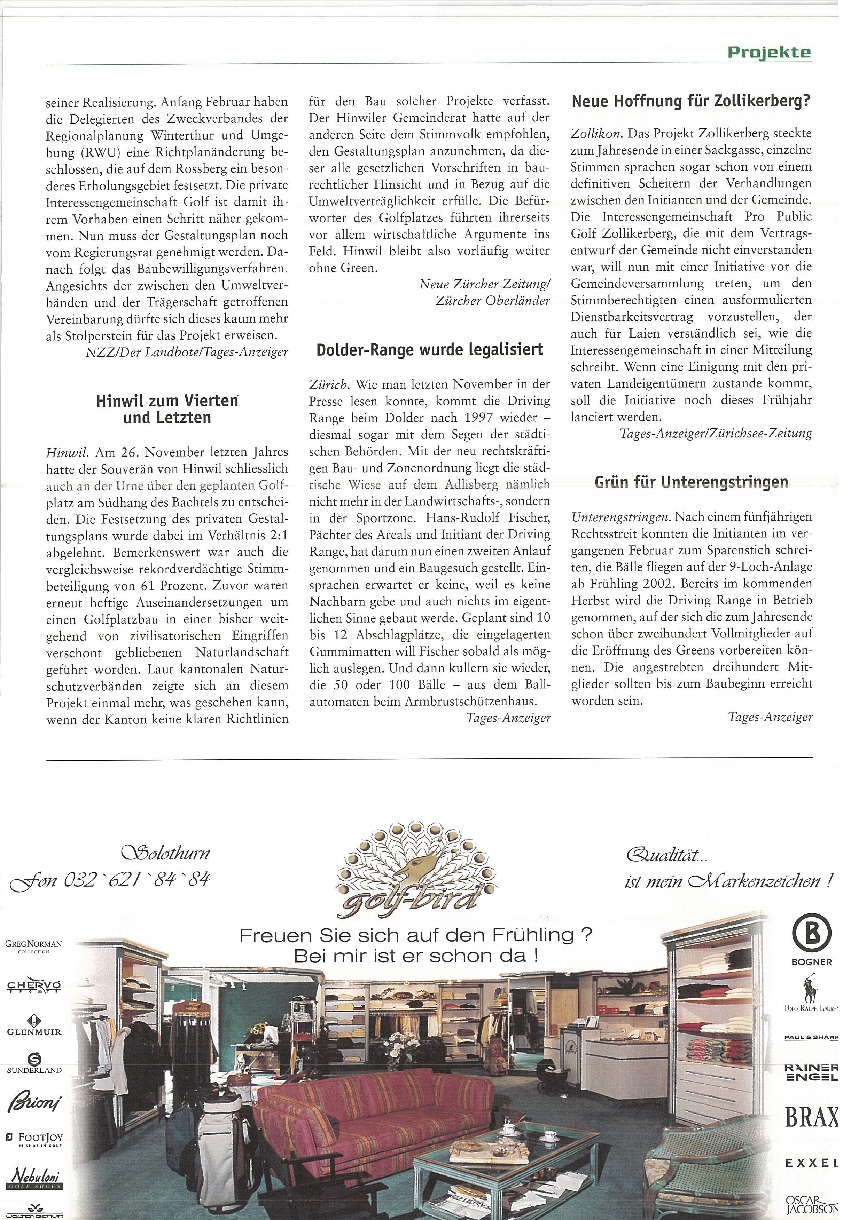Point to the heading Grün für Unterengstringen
[x=692, y=482]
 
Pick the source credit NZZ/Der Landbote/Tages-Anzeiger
[x=187, y=352]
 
